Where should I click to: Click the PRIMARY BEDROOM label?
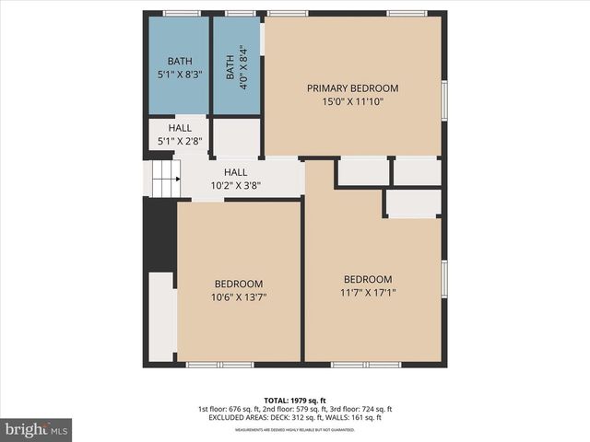(352, 88)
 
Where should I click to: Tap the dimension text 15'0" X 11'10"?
(352, 102)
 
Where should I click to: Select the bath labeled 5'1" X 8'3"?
(180, 68)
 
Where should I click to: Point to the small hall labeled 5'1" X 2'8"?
(180, 134)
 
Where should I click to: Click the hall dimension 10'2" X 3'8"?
(236, 185)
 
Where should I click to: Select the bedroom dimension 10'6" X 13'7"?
(239, 297)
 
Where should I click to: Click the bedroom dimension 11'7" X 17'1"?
(368, 294)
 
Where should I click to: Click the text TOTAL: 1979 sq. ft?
(294, 400)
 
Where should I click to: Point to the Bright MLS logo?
(37, 429)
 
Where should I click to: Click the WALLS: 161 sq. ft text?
(362, 418)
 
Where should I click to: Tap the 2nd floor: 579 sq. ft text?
(293, 409)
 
